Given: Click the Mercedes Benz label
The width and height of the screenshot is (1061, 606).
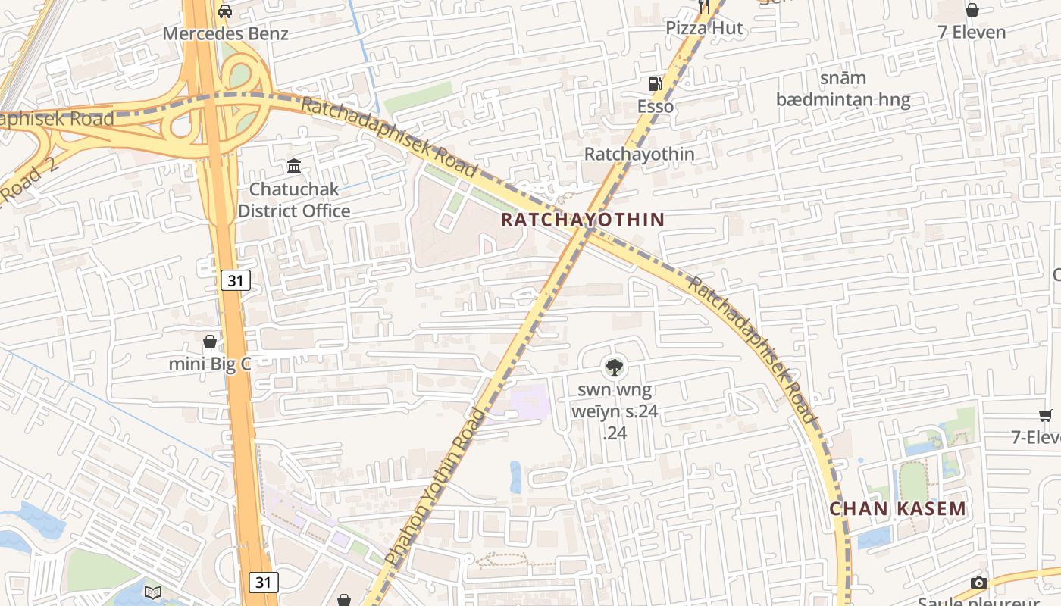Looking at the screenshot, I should pos(226,34).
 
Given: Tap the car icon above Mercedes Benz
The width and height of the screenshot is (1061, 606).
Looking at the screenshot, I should pos(225,11).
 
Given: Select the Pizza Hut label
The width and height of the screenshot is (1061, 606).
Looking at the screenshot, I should pos(705,29).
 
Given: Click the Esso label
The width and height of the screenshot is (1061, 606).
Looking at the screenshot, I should pos(655,107).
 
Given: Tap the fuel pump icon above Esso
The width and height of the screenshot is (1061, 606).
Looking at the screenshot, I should pos(653,84).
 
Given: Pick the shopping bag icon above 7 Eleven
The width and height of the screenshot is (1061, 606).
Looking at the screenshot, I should pos(972,10).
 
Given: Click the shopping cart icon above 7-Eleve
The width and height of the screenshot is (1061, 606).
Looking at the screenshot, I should pos(1046,415).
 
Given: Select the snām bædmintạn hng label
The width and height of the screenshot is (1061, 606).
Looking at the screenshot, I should pos(843,89).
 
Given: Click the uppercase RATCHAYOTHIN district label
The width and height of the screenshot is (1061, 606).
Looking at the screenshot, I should pos(583,220).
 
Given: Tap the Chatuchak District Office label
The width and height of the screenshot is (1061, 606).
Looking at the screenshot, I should pos(294,200).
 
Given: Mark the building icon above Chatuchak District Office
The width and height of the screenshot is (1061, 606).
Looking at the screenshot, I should pos(293,166).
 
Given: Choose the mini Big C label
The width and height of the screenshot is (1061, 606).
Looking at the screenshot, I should pos(210,364).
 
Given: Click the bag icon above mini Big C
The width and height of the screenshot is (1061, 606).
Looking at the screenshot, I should pos(210,342).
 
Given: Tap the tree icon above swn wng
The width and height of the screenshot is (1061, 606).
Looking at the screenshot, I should pos(614,368).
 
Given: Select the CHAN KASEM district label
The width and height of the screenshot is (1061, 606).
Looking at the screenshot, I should pos(898,509).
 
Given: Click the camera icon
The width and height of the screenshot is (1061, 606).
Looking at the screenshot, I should pos(979,583).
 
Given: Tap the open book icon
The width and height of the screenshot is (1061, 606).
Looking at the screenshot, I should pos(153,592).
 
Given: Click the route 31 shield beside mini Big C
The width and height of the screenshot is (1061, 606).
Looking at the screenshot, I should pos(236,281).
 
